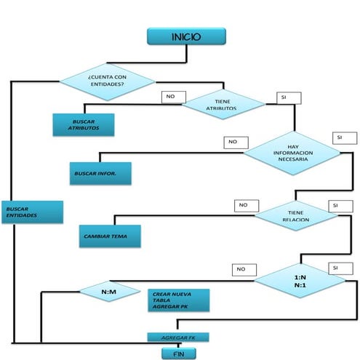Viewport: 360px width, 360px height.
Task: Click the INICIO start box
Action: (186, 36)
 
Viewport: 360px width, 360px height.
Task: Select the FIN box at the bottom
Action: (177, 353)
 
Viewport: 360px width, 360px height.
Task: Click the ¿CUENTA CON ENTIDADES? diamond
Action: (105, 80)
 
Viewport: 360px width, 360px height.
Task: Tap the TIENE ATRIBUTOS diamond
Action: (224, 105)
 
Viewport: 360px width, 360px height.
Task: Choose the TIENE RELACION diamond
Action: (295, 214)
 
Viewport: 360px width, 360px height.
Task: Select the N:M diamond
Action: (109, 292)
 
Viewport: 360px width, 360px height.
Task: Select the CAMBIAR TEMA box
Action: (110, 236)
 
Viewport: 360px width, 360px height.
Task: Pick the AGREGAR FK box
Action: (178, 337)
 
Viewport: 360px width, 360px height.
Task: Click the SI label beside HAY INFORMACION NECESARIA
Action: (344, 137)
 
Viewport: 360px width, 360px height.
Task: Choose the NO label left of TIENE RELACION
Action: (245, 206)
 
